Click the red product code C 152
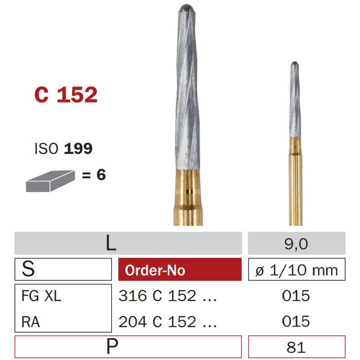coord(66,94)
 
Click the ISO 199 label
coord(63,148)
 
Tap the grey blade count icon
coord(49,180)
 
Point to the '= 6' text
coord(94,175)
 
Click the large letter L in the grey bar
coord(111,243)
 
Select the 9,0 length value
coord(297,243)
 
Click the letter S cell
coord(28,270)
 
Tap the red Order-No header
coord(155,270)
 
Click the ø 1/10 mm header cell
coord(297,270)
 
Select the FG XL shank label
coord(41,296)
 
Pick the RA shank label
coord(30,321)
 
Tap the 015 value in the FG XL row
coord(297,296)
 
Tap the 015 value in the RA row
coord(297,321)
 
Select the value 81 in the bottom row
coord(297,347)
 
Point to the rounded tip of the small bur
coord(294,64)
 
